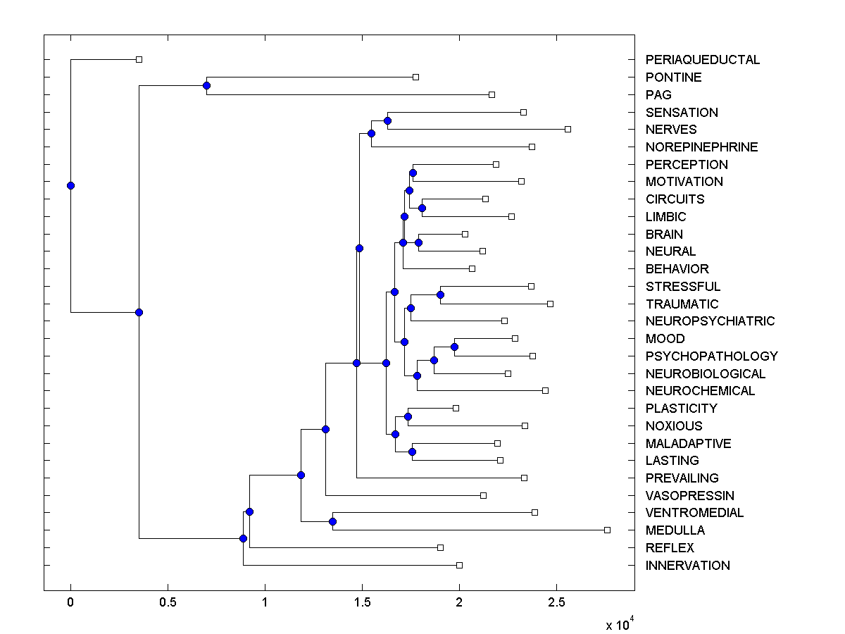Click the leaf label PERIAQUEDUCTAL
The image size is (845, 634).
(702, 60)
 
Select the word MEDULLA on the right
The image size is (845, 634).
(675, 530)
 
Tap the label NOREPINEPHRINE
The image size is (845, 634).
(701, 147)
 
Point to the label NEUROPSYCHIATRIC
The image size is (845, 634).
(710, 321)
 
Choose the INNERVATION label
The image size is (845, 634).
(687, 566)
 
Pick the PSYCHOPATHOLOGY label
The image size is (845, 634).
(711, 356)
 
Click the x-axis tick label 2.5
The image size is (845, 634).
(556, 603)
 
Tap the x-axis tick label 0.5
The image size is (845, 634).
(168, 603)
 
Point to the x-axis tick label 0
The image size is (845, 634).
(70, 603)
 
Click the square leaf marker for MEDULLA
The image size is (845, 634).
(607, 530)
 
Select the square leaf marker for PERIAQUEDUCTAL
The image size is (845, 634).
(139, 59)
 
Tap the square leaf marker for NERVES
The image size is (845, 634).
(568, 129)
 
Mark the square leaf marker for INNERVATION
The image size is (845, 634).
(459, 565)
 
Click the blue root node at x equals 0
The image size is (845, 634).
(70, 185)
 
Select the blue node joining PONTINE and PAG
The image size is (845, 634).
(206, 85)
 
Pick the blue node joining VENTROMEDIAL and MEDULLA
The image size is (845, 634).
(332, 521)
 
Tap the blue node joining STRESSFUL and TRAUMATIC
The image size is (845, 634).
(440, 294)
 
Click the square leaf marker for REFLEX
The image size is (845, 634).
(440, 547)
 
